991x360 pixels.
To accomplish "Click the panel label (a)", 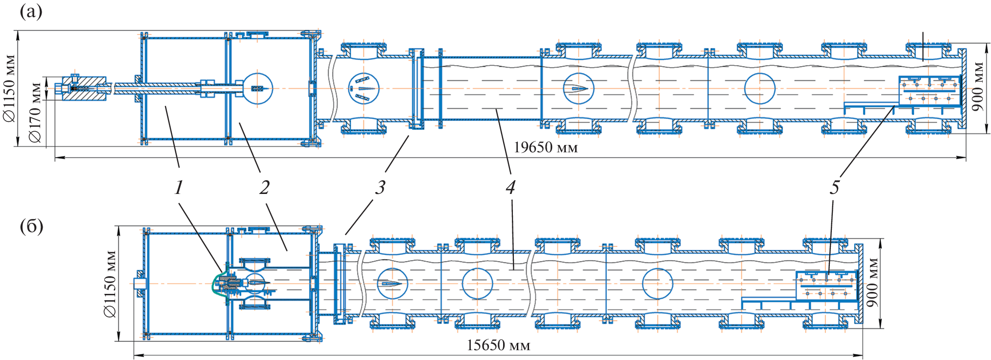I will click(31, 11).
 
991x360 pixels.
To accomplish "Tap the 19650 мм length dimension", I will click(545, 147).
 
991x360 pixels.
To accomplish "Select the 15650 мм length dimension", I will click(498, 345).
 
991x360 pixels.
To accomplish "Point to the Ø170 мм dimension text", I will click(35, 113).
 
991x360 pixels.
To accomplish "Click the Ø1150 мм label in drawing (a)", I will click(10, 88).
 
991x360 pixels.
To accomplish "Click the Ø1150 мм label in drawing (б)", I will click(110, 284).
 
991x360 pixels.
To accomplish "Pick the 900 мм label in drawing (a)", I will click(978, 86).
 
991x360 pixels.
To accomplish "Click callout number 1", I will click(179, 188).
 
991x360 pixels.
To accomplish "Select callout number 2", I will click(265, 188).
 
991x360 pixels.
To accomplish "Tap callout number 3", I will click(380, 188).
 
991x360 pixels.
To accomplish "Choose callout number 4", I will click(510, 188).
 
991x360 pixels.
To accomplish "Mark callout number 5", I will click(834, 188).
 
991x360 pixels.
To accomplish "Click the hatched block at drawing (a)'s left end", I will click(84, 88).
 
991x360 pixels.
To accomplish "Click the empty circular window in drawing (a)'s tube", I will click(759, 89).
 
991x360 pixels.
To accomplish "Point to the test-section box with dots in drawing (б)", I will click(826, 286).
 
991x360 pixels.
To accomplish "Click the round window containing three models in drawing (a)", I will click(364, 89).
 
